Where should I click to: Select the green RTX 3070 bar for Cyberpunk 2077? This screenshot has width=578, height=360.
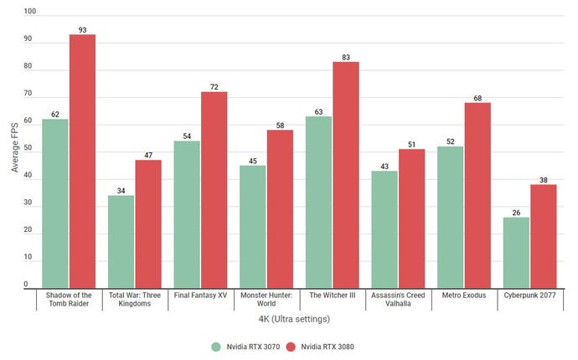pyautogui.click(x=516, y=252)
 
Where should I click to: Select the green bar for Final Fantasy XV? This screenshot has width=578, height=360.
pyautogui.click(x=187, y=213)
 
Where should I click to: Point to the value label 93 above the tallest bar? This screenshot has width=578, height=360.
pyautogui.click(x=82, y=30)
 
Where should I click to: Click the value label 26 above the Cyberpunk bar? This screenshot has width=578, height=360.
pyautogui.click(x=516, y=213)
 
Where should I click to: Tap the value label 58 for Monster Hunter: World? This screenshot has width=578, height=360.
pyautogui.click(x=280, y=125)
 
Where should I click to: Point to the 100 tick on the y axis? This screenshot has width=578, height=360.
pyautogui.click(x=30, y=13)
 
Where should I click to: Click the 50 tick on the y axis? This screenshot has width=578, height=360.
pyautogui.click(x=30, y=149)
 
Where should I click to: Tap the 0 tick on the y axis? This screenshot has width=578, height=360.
pyautogui.click(x=33, y=285)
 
